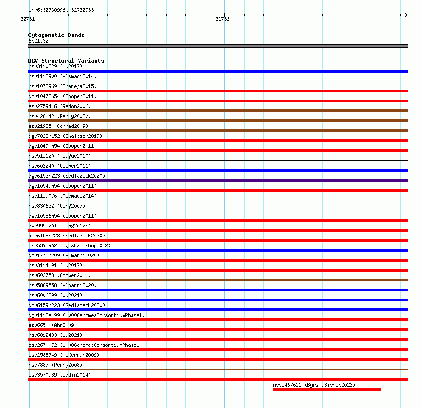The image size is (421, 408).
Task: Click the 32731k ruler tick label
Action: (x=29, y=19)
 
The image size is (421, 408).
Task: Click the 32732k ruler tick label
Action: (x=224, y=19)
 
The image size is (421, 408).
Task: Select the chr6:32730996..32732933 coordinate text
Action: (x=61, y=10)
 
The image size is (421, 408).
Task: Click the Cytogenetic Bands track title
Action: (x=56, y=35)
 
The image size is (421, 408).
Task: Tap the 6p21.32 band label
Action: (x=38, y=41)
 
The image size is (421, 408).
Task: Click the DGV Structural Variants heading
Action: (x=66, y=61)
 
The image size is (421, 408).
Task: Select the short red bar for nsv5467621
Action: (x=327, y=390)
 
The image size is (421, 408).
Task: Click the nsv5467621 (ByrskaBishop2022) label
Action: (x=314, y=385)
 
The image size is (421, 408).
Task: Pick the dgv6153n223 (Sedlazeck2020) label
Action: (x=67, y=176)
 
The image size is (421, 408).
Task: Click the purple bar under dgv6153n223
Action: (x=218, y=181)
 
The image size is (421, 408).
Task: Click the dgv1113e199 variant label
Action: (x=87, y=315)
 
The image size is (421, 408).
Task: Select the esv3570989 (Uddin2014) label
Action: (x=60, y=375)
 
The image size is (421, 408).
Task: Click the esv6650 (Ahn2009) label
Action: (x=53, y=325)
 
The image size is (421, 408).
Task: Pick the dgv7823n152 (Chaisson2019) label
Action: (x=65, y=136)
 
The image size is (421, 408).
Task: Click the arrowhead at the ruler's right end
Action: (x=405, y=15)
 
